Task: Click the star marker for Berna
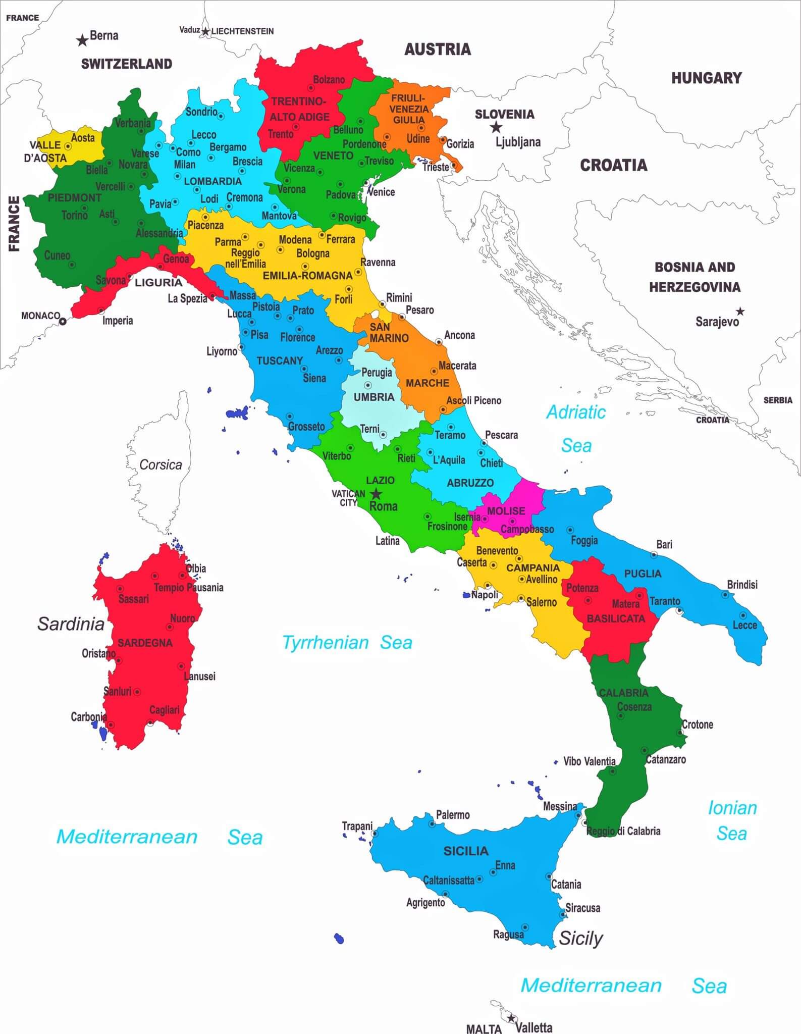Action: pos(82,40)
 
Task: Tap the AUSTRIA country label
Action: pos(438,49)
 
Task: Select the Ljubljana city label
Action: pos(518,142)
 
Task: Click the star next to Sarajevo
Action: pos(740,311)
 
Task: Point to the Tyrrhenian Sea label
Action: pos(347,642)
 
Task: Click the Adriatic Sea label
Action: pos(576,429)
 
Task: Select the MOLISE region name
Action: pos(506,510)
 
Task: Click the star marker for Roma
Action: pos(376,494)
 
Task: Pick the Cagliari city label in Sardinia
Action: pos(164,710)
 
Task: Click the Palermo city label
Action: pos(453,814)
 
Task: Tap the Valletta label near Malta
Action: pos(533,1027)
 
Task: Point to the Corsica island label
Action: pos(161,464)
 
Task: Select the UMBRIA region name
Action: pos(374,397)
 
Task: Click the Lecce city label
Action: pos(744,625)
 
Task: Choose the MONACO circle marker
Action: pos(63,321)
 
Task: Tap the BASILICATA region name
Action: pos(616,618)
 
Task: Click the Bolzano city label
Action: pos(329,80)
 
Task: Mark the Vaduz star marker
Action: pos(205,32)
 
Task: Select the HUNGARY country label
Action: pos(706,78)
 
